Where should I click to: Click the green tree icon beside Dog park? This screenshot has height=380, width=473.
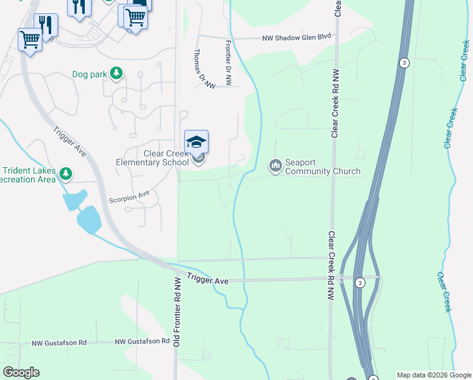(116, 74)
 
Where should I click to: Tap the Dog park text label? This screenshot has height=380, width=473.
(89, 75)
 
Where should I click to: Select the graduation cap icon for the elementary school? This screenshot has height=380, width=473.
(196, 141)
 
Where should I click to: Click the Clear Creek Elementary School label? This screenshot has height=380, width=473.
(152, 158)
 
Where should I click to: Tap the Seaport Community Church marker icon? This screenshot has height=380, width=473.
(275, 166)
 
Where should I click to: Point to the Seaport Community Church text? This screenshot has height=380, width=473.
(322, 167)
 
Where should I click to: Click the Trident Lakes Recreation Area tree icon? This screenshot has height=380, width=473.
(66, 173)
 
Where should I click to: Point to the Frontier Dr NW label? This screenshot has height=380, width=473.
(229, 63)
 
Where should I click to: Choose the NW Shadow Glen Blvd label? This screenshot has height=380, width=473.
(297, 37)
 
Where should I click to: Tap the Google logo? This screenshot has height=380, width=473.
(21, 372)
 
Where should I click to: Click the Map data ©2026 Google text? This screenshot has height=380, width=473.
(434, 375)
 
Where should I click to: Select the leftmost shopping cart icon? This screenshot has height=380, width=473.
(30, 40)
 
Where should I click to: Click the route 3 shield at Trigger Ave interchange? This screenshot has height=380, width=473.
(359, 282)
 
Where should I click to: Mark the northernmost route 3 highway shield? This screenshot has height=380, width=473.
(403, 62)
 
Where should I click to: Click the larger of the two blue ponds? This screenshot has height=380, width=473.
(89, 220)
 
